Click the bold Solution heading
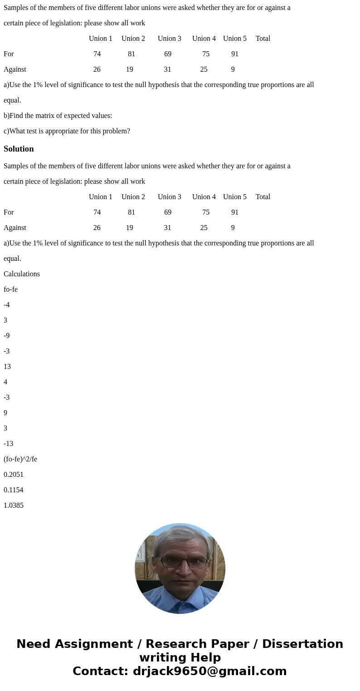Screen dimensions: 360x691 click(x=19, y=149)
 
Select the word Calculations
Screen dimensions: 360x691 click(x=22, y=274)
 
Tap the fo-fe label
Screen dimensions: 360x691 click(x=10, y=289)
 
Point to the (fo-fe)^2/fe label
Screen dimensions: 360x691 click(x=20, y=459)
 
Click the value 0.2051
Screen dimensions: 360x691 click(x=14, y=475)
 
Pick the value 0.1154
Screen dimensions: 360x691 click(x=14, y=490)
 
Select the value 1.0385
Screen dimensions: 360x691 click(x=14, y=505)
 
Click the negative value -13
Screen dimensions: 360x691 click(x=8, y=444)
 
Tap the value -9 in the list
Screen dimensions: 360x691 click(x=7, y=336)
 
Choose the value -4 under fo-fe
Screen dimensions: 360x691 click(x=7, y=305)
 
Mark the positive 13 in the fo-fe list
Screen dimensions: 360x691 click(x=7, y=367)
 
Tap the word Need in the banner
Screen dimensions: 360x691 click(x=35, y=644)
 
